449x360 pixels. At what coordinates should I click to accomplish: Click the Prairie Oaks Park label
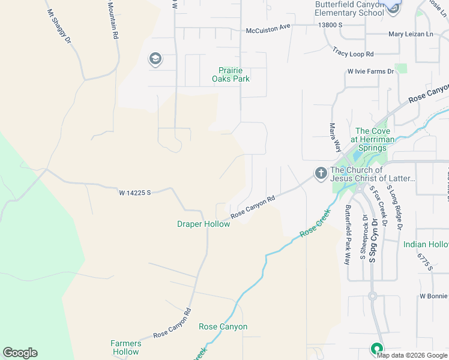click(x=231, y=74)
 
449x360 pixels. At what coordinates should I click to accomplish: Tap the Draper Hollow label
click(x=203, y=224)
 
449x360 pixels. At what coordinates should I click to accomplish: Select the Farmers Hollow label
click(x=125, y=347)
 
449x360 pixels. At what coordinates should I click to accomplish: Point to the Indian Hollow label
click(x=426, y=244)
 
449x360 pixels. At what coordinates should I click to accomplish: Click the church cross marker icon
click(x=321, y=174)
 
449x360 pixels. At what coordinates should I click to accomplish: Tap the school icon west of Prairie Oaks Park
click(x=155, y=59)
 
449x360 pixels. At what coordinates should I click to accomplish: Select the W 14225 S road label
click(x=134, y=193)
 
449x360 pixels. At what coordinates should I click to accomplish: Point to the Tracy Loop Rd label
click(x=353, y=53)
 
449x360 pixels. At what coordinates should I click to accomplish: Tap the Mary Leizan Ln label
click(x=411, y=35)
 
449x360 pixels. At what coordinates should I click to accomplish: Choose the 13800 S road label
click(x=331, y=25)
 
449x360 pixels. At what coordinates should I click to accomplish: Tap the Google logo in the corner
click(x=20, y=353)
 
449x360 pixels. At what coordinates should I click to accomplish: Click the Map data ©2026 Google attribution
click(x=412, y=355)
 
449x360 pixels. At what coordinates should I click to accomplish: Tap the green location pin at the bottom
click(x=377, y=348)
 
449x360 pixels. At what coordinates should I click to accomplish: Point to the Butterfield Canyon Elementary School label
click(x=349, y=8)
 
